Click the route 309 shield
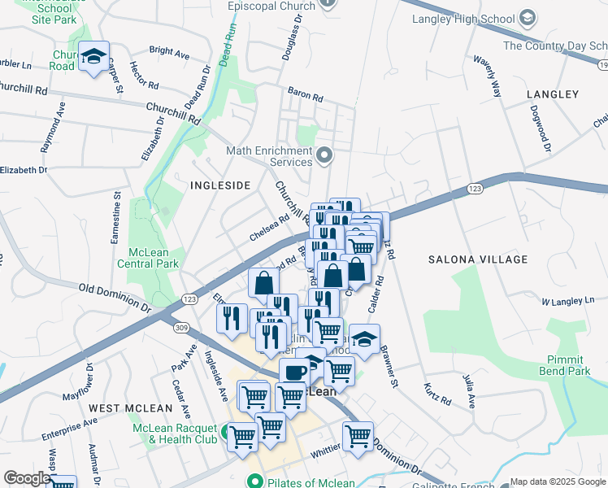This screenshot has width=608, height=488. (180, 326)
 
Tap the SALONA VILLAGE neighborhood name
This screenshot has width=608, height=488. (467, 259)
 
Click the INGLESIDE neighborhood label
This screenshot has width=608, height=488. (219, 185)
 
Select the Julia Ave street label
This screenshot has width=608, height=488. (470, 390)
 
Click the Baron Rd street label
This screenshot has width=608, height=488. (306, 95)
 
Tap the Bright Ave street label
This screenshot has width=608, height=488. (169, 52)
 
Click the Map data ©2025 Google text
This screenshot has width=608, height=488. (558, 481)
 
